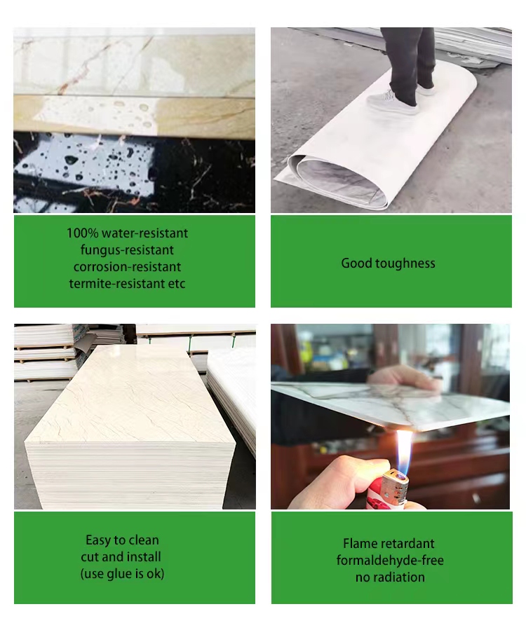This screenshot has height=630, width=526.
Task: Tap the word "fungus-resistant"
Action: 127,250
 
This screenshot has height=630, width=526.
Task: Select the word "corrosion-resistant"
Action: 127,267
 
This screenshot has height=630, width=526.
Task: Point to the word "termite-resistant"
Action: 116,284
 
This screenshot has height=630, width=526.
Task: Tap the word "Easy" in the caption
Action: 98,540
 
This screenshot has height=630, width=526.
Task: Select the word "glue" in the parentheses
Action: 120,574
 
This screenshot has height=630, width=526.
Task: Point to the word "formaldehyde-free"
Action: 390,561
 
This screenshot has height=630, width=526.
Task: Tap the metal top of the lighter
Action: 394,487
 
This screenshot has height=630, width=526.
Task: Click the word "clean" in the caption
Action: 144,540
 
